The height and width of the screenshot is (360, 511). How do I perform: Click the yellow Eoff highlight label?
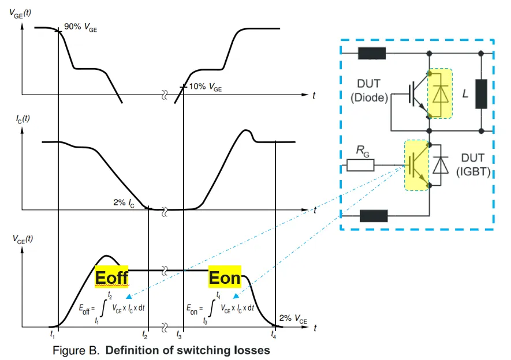click(x=111, y=277)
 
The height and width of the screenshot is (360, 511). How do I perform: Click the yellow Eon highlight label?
click(x=225, y=277)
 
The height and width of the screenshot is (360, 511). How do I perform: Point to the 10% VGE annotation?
click(x=206, y=87)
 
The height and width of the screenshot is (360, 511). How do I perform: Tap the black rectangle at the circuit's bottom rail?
click(x=373, y=216)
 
